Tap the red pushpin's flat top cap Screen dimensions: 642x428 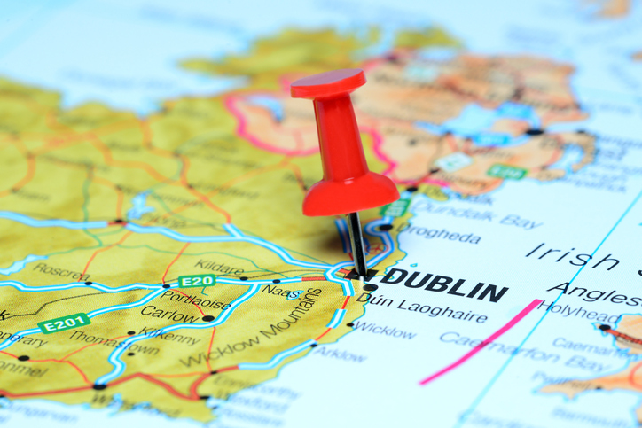[x=327, y=82]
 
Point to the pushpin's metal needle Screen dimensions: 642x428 [x=356, y=244]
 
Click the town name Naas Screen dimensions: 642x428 [x=282, y=291]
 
